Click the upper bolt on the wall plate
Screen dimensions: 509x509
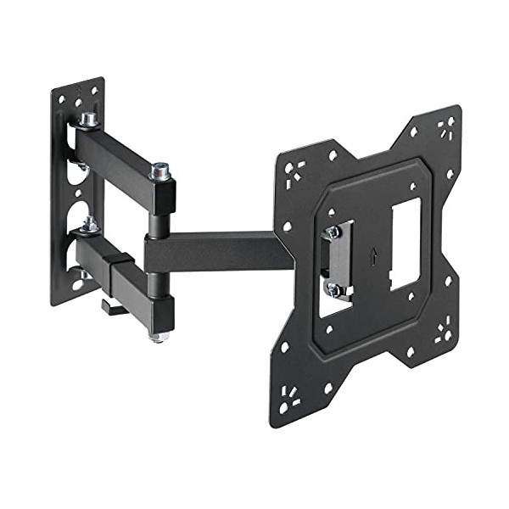pyautogui.click(x=88, y=120)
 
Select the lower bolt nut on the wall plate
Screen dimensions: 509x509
pyautogui.click(x=88, y=225)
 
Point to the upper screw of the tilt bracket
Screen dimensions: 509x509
pyautogui.click(x=333, y=232)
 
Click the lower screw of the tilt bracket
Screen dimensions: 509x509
pyautogui.click(x=334, y=289)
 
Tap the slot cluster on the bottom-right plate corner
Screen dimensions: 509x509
pyautogui.click(x=443, y=331)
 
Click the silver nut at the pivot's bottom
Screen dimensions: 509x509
pyautogui.click(x=159, y=337)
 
